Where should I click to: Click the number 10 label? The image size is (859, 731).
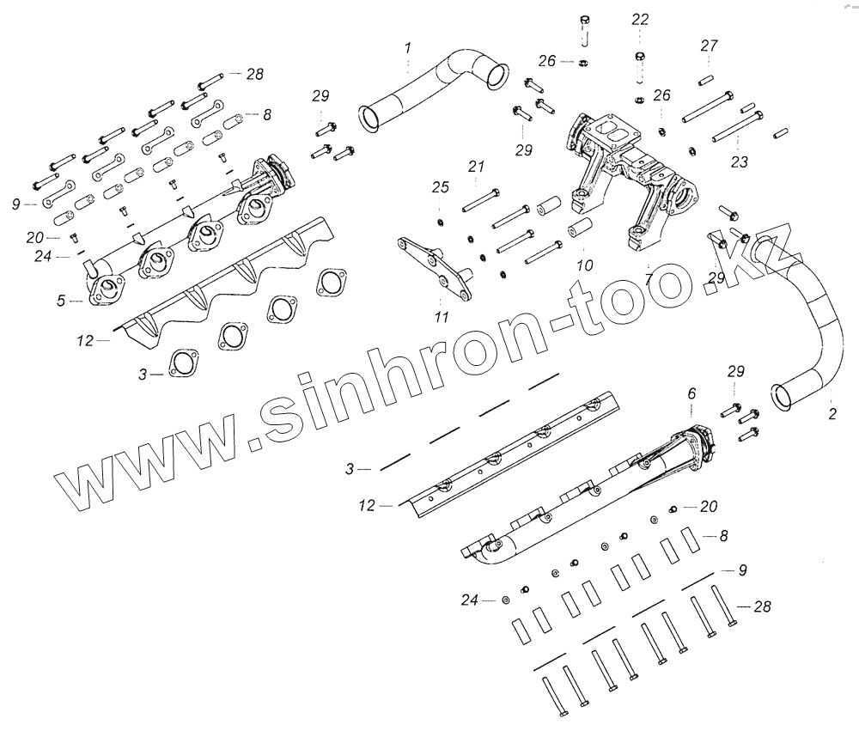[x=584, y=266]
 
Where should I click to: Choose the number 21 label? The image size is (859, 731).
[x=477, y=166]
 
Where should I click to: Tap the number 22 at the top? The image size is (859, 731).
[x=641, y=19]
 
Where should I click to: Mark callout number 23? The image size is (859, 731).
[x=740, y=161]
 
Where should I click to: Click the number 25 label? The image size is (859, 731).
[x=440, y=186]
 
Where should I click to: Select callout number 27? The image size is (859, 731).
[x=709, y=46]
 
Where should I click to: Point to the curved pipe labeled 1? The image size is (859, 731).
[x=429, y=86]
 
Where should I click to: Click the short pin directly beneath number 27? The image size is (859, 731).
[x=705, y=80]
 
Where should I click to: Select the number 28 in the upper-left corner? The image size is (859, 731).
[x=254, y=74]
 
